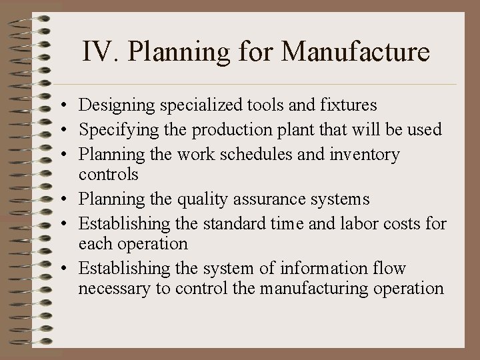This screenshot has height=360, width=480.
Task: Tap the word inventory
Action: [x=366, y=154]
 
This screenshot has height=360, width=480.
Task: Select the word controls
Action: [x=108, y=175]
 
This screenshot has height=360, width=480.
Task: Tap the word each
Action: [x=93, y=243]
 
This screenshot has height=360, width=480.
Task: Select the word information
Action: [x=323, y=269]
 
